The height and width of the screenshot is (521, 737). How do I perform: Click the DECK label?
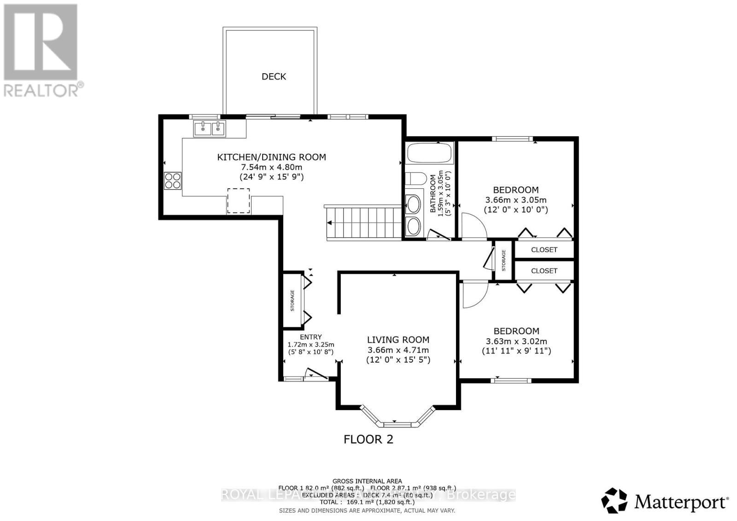click(274, 77)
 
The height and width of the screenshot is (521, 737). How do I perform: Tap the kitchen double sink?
click(210, 128)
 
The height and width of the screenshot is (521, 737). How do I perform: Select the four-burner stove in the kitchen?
click(173, 180)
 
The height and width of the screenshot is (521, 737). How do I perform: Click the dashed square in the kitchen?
click(238, 201)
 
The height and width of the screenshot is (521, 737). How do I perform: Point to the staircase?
click(364, 223)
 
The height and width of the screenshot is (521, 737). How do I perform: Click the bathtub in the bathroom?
click(429, 153)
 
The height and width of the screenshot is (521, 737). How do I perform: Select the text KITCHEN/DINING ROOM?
click(271, 157)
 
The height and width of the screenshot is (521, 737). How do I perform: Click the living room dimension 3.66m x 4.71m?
click(398, 350)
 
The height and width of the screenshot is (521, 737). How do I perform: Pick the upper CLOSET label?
click(544, 249)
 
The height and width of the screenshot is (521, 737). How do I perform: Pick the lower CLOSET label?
click(544, 271)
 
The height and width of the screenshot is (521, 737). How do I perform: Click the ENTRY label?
click(310, 337)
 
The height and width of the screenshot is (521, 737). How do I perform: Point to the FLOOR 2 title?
click(368, 439)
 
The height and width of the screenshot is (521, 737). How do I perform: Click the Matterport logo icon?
click(614, 500)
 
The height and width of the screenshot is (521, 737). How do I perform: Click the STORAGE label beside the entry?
click(292, 301)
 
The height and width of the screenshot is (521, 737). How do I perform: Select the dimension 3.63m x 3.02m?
click(516, 342)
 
